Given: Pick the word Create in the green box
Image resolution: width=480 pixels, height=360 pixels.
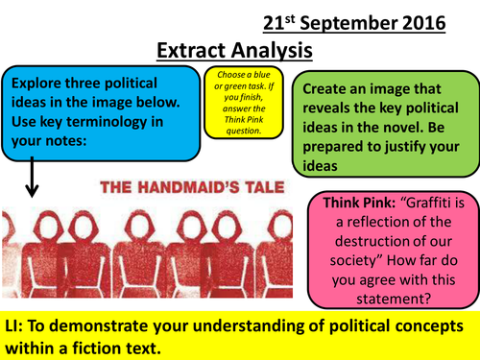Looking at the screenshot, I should point(326,87).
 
